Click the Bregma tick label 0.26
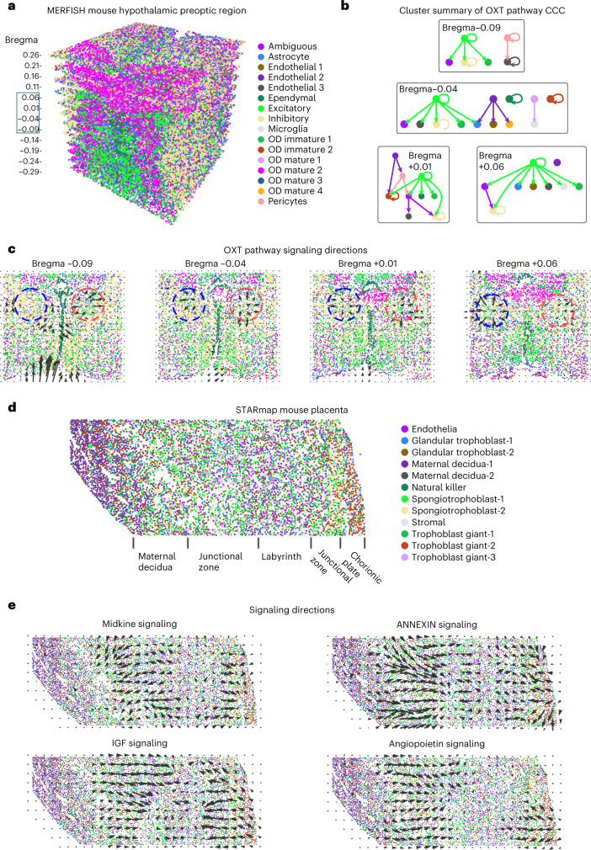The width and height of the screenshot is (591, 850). (x=31, y=55)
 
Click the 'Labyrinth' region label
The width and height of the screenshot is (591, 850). (x=281, y=556)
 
